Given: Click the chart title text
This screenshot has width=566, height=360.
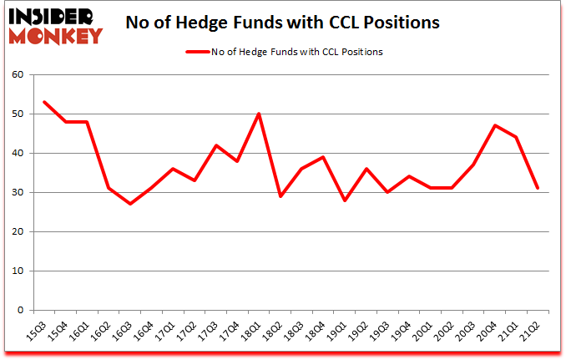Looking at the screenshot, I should pos(284,23).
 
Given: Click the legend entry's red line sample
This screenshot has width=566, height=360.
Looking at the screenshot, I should pos(196,52).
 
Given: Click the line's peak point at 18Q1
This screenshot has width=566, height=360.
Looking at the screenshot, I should pos(260,114).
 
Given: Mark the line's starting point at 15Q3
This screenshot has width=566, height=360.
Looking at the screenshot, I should pos(43,102).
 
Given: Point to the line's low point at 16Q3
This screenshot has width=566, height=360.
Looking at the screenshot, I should pos(130,204).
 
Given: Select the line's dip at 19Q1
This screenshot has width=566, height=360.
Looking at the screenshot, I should pos(345,200).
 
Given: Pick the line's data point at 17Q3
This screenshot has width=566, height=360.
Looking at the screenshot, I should pos(216,145).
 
